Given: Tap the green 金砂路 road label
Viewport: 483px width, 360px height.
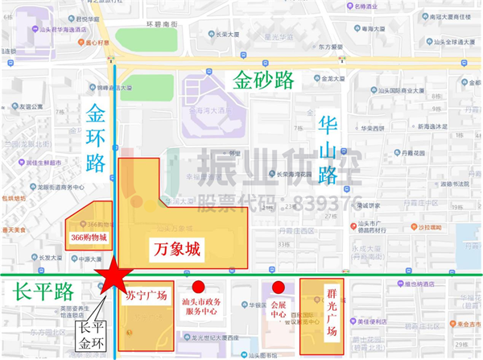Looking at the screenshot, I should pyautogui.click(x=263, y=79).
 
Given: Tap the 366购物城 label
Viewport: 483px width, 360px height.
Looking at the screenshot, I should pyautogui.click(x=89, y=238).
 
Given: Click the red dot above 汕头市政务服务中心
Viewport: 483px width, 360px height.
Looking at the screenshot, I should pyautogui.click(x=198, y=286).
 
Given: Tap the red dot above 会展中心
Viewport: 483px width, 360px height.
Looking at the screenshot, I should pyautogui.click(x=279, y=286).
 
